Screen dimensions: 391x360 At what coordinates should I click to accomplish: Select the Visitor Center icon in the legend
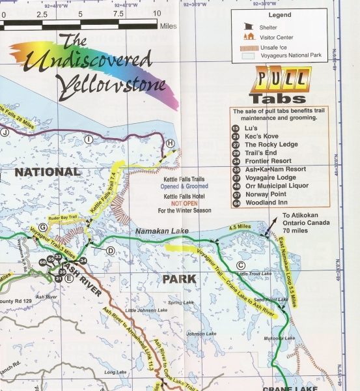247,36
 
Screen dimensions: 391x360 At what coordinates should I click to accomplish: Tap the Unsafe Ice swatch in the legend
247,47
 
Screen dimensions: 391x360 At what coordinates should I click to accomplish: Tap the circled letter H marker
170,143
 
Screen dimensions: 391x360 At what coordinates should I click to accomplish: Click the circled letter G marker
42,227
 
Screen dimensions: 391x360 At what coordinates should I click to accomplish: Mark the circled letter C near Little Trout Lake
240,265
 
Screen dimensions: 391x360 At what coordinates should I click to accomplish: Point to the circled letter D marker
110,250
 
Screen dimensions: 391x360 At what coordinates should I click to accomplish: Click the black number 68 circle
42,262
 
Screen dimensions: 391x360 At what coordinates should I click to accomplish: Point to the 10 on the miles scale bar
157,13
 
